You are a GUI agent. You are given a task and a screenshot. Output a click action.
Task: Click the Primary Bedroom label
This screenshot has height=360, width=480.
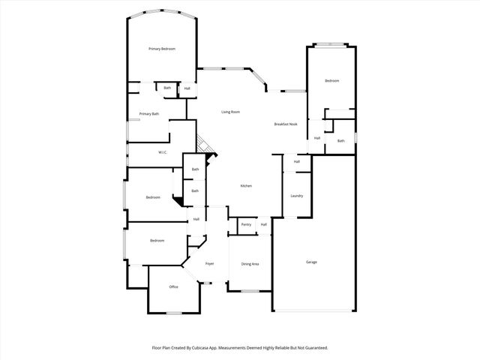(x=162, y=49)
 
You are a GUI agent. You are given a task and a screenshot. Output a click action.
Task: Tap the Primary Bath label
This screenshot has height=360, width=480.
(x=149, y=114)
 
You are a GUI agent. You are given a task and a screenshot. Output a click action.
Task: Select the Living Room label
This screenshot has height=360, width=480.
(x=230, y=112)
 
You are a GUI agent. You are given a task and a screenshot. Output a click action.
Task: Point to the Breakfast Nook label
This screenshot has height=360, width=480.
(x=286, y=124)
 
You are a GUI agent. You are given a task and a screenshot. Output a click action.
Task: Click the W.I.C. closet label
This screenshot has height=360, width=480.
(x=162, y=153)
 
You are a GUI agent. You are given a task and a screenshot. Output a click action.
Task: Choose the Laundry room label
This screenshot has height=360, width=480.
(x=296, y=196)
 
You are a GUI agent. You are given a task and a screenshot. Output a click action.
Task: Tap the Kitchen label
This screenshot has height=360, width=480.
(x=246, y=186)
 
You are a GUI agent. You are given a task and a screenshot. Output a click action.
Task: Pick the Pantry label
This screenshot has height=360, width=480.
(x=246, y=224)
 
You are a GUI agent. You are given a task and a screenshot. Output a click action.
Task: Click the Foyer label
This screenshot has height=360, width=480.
(x=210, y=264)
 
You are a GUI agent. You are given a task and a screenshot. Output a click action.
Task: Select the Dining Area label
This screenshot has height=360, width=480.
(x=250, y=264)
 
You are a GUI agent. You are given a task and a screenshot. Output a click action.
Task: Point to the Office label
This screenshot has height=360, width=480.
(x=173, y=286)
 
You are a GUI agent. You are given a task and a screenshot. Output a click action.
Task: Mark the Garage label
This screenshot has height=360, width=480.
(x=311, y=262)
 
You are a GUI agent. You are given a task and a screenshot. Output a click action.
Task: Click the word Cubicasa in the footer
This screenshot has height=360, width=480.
(x=199, y=348)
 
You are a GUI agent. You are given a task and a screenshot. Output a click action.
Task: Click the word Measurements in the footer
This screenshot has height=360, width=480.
(x=235, y=348)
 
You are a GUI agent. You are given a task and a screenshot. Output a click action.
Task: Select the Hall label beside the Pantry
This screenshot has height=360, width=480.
(x=264, y=224)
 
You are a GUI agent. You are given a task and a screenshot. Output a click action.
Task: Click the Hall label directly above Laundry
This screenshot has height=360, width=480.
(x=297, y=161)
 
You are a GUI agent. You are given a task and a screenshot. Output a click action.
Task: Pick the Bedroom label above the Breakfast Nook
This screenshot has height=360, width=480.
(x=331, y=81)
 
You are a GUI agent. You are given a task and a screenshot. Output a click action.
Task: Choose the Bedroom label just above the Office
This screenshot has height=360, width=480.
(x=157, y=241)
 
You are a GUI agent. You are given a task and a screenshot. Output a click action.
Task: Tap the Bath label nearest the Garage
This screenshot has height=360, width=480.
(x=340, y=141)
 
